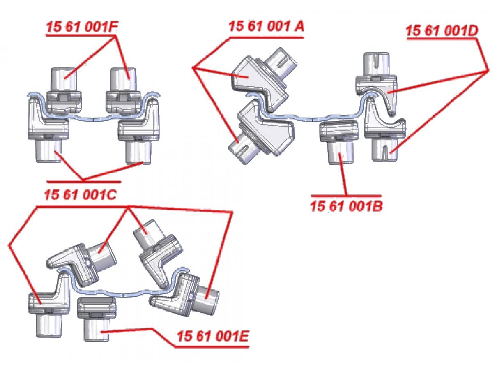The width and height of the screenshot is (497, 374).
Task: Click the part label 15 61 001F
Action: click(82, 28)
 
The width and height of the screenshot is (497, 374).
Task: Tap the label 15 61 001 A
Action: click(266, 26)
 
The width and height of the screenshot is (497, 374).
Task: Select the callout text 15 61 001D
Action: click(442, 31)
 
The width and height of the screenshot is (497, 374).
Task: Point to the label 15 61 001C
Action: click(80, 195)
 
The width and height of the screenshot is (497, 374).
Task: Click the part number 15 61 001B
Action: click(346, 206)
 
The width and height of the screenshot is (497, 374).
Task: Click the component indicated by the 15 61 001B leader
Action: click(339, 142)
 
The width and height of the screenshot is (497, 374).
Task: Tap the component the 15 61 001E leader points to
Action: click(97, 320)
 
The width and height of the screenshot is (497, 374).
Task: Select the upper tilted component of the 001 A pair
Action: click(264, 79)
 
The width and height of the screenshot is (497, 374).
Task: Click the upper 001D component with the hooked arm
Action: click(377, 84)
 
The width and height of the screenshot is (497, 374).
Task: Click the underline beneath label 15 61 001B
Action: click(346, 196)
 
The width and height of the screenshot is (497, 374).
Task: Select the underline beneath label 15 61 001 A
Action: click(267, 38)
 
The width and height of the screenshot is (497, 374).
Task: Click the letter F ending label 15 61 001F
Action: click(113, 28)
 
